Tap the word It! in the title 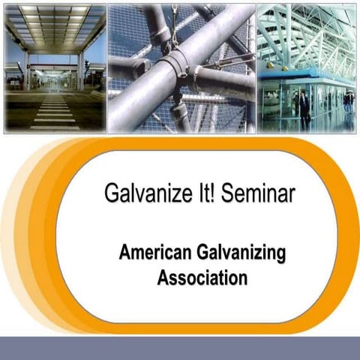coord(201,195)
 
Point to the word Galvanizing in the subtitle coord(238,253)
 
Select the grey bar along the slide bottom coord(180,348)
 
